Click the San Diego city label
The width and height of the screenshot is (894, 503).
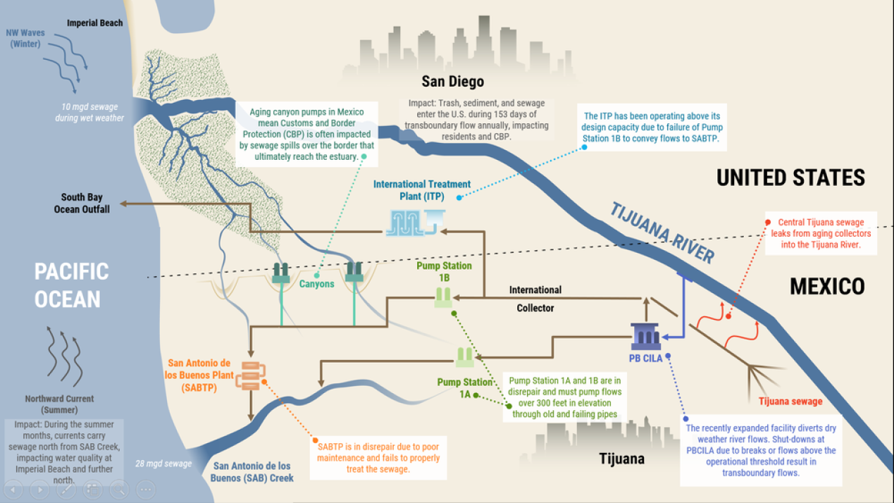pyautogui.click(x=452, y=82)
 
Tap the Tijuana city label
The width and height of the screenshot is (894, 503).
pyautogui.click(x=621, y=459)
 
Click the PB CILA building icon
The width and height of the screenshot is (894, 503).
pyautogui.click(x=645, y=337)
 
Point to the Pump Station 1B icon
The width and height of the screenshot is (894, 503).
pyautogui.click(x=443, y=298)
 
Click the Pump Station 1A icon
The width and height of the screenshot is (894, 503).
pyautogui.click(x=464, y=357)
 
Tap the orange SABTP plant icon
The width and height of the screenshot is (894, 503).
pyautogui.click(x=251, y=375)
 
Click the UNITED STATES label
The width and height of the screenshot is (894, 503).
pyautogui.click(x=790, y=178)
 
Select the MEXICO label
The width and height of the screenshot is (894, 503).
pyautogui.click(x=827, y=286)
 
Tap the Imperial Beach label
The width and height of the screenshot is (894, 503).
pyautogui.click(x=94, y=23)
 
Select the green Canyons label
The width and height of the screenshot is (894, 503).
pyautogui.click(x=316, y=284)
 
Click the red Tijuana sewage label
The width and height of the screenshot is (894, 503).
pyautogui.click(x=790, y=402)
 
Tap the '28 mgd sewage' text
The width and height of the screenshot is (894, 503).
pyautogui.click(x=163, y=464)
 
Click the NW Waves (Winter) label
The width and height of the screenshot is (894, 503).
pyautogui.click(x=25, y=38)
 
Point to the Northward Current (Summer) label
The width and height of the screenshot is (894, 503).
pyautogui.click(x=60, y=404)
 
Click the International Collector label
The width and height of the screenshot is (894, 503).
pyautogui.click(x=535, y=299)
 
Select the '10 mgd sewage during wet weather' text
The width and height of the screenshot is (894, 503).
pyautogui.click(x=89, y=112)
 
